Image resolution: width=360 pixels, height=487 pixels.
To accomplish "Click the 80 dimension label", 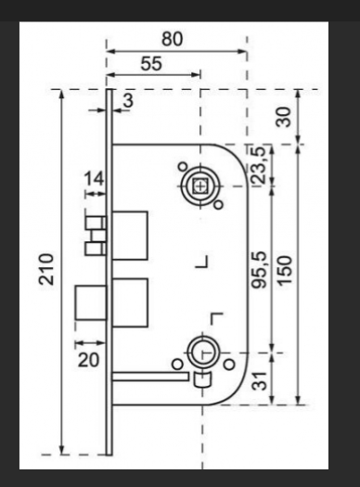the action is point(172,39).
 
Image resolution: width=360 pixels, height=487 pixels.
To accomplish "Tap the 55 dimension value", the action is point(151,64).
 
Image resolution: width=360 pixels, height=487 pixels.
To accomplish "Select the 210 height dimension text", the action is point(46,269).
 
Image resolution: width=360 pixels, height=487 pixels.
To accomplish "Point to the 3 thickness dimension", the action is point(129,100).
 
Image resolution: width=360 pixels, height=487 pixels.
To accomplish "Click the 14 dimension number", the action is point(94,179).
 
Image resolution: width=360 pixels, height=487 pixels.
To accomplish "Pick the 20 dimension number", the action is point(88,360).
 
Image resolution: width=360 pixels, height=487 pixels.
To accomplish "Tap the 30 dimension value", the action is point(284,117).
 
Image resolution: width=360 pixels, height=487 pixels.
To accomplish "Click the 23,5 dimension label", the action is point(259,164).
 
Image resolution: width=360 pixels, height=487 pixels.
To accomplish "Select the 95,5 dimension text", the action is point(259,270).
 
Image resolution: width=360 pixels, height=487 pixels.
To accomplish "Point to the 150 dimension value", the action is point(285,271).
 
